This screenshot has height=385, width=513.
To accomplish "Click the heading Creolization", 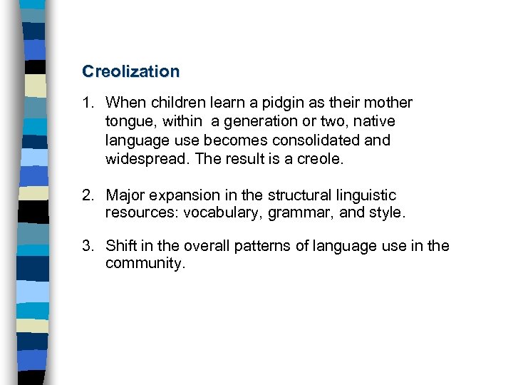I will pos(131,71).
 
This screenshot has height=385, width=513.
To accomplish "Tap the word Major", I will pos(124,195).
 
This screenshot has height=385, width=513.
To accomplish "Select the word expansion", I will pos(181,195).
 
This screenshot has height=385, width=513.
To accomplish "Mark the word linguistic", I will pos(366,195).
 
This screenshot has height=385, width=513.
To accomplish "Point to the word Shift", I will pos(120,247).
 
